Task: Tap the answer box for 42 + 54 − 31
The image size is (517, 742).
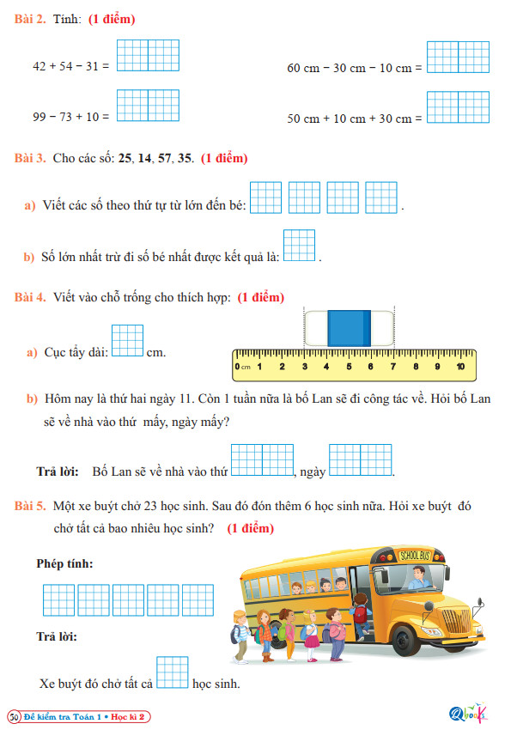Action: click(148, 55)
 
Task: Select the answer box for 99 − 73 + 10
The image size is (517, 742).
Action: click(148, 106)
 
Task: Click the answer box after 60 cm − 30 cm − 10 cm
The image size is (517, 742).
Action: click(458, 57)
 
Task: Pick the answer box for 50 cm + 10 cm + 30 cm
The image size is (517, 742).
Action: click(458, 107)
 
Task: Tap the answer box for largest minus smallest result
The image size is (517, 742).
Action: click(299, 246)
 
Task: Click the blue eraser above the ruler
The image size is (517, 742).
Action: click(349, 329)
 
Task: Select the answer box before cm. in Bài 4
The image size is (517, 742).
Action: click(127, 340)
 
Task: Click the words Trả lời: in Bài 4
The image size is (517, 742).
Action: click(58, 471)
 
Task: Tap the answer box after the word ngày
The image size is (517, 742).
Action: click(361, 460)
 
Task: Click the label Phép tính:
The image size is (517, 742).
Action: click(65, 563)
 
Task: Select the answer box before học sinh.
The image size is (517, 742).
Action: click(173, 672)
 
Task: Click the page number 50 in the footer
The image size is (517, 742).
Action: click(15, 716)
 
